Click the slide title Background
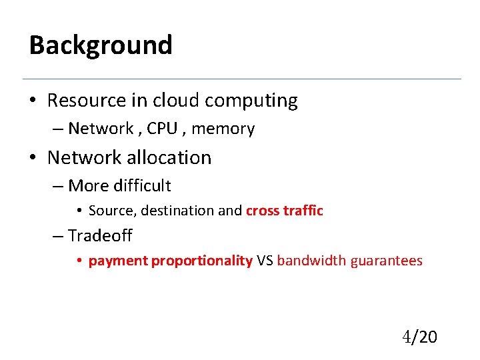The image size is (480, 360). [101, 45]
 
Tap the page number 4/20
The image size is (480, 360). [419, 337]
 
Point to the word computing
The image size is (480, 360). [251, 101]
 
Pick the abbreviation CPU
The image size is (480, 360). [162, 129]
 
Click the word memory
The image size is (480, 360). [223, 129]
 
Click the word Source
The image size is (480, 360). [109, 211]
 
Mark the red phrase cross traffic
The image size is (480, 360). [285, 211]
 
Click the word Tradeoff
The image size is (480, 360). [100, 235]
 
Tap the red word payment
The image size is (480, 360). [118, 261]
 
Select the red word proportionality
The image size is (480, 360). [202, 261]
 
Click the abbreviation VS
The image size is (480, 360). [265, 261]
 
